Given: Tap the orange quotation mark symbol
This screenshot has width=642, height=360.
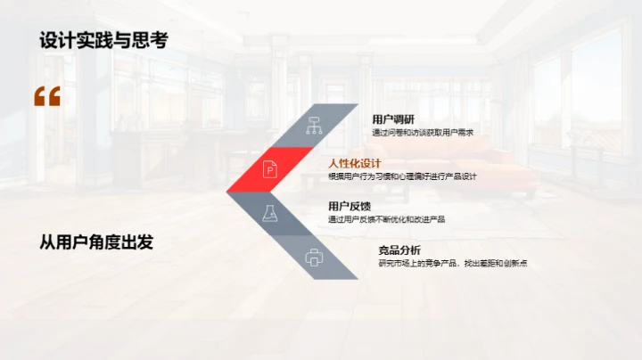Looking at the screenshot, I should (47, 96).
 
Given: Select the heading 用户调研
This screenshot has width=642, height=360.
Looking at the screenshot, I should (393, 120).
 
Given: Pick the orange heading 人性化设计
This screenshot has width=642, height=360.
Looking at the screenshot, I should (355, 163).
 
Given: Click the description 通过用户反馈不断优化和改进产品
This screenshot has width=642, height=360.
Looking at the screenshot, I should (387, 219).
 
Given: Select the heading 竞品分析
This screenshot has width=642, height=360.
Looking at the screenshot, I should (399, 250).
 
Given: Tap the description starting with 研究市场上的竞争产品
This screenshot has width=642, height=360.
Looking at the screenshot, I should (452, 263).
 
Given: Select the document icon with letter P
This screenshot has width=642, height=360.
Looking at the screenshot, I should (269, 168).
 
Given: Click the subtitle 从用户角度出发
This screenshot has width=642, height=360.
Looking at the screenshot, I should (96, 241).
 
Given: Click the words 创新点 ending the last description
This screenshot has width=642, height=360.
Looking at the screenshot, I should (514, 263).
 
